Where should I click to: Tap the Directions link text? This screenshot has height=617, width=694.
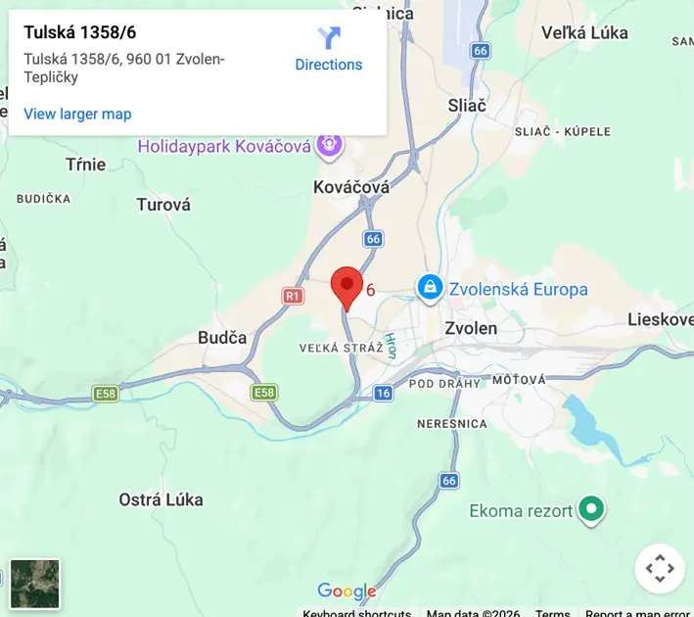[329, 65]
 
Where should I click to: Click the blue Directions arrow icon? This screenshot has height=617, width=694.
[329, 38]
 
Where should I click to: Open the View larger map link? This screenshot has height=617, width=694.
[77, 114]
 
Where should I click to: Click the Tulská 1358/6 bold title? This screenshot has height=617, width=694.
[80, 32]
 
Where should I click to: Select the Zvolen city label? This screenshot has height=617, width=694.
[471, 328]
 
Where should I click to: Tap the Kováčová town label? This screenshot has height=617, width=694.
[351, 186]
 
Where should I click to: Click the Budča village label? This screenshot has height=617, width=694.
[222, 337]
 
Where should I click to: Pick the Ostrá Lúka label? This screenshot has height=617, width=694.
[161, 499]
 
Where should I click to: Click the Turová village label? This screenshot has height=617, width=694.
[163, 205]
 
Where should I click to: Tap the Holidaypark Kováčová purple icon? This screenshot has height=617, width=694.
[330, 145]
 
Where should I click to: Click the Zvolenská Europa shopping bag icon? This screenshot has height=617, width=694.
[429, 288]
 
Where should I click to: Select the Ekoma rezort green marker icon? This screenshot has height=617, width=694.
[590, 509]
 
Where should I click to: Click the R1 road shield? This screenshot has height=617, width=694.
[293, 295]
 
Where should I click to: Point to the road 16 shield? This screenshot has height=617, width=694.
[383, 393]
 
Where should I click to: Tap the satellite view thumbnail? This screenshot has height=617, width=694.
[35, 584]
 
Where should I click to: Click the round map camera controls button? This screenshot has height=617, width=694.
[660, 568]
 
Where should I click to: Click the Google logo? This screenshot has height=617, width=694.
[347, 591]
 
